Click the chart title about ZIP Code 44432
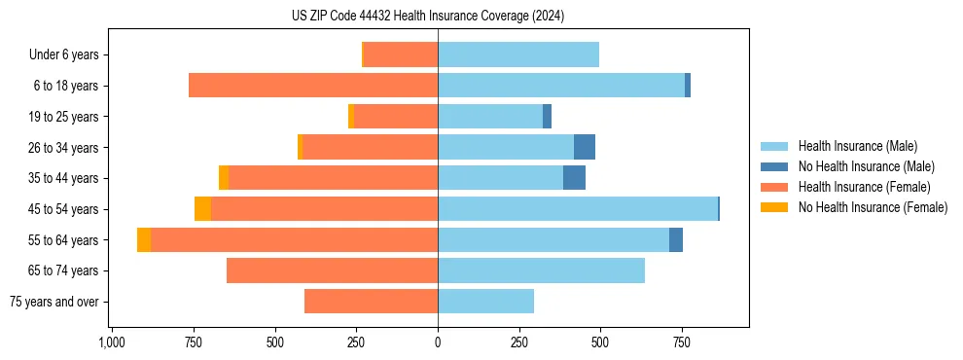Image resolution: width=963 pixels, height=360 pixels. (427, 16)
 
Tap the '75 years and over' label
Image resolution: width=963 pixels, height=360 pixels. (54, 302)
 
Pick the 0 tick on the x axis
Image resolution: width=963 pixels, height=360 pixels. (438, 342)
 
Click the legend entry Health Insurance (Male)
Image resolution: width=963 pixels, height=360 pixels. (857, 146)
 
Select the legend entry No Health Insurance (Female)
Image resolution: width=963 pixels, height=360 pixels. (873, 207)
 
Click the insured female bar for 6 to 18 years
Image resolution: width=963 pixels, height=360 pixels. (313, 86)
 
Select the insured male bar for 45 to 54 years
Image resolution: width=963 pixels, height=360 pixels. (578, 209)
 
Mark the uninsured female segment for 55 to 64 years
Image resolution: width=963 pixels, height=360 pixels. (144, 240)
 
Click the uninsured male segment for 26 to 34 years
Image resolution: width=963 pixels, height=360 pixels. (585, 148)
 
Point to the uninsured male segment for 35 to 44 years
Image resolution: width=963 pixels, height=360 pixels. (574, 178)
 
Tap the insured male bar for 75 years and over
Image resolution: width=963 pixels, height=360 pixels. (485, 302)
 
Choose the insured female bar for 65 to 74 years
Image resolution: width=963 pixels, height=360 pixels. (332, 270)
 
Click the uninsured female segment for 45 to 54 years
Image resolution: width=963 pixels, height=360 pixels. (202, 209)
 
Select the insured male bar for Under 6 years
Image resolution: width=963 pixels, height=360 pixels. (518, 54)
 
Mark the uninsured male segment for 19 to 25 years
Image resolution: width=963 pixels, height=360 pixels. (547, 117)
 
